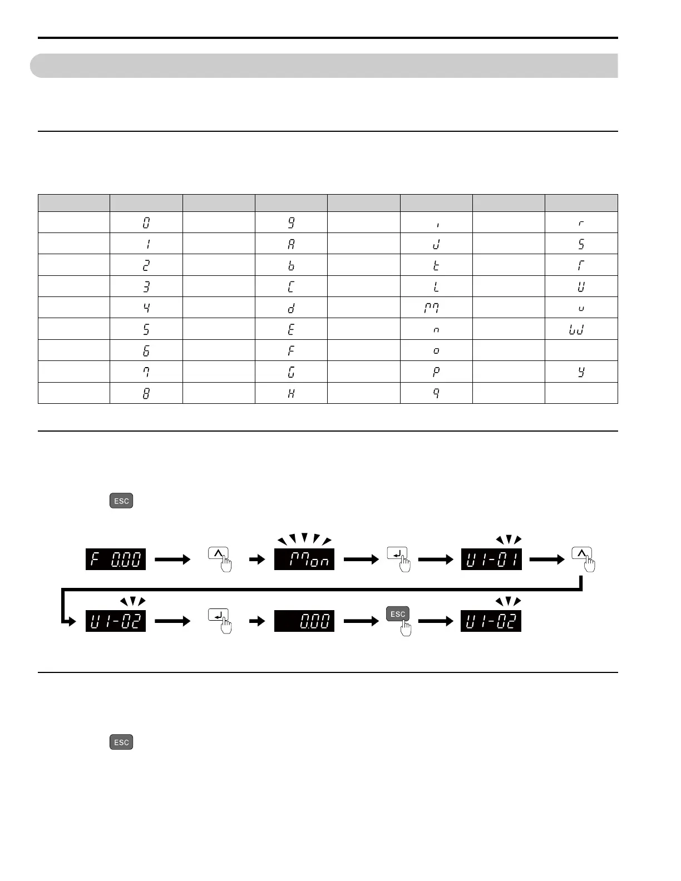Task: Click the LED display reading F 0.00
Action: point(116,559)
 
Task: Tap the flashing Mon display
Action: point(304,559)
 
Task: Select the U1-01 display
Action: point(491,559)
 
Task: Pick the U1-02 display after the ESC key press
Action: point(491,621)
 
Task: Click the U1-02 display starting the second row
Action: point(116,621)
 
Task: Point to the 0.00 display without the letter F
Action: point(304,621)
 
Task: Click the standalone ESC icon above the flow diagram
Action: point(121,501)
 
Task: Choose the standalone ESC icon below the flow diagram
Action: point(121,742)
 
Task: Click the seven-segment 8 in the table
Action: point(146,393)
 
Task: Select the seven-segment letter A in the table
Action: point(291,244)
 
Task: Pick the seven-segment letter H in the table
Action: point(291,393)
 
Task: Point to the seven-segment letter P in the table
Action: point(436,372)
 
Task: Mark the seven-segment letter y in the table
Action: point(581,372)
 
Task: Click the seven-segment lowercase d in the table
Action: point(291,308)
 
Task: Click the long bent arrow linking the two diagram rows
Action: point(323,589)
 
